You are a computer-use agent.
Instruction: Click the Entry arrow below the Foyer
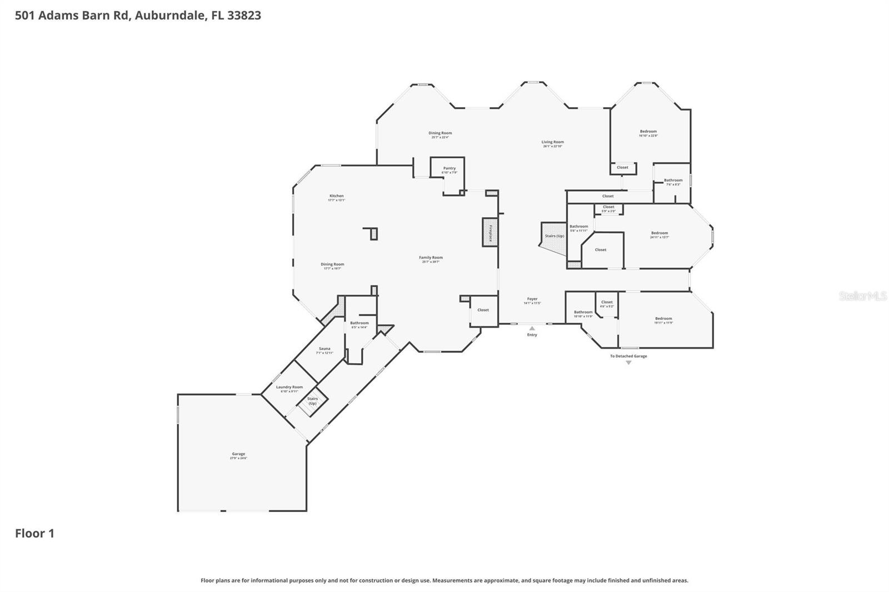point(532,329)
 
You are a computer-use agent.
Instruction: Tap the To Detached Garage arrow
point(628,363)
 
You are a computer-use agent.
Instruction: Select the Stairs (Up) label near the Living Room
point(554,236)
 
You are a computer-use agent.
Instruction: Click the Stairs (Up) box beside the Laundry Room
point(312,400)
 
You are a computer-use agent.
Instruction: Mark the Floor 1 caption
point(34,534)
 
